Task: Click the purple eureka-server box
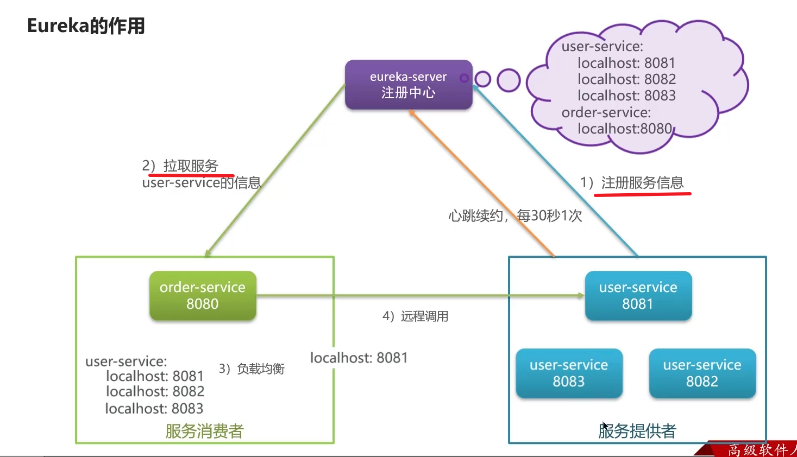coord(409,85)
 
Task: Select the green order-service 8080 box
coord(203,295)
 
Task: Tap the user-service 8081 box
coord(638,295)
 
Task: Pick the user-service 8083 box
coord(569,373)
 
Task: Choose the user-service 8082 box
coord(702,373)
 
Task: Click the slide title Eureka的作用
coord(86,26)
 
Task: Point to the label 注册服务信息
coord(642,183)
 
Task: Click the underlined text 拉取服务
coord(190,166)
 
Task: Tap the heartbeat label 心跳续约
coord(476,216)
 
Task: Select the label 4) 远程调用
coord(416,316)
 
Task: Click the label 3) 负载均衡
coord(252,369)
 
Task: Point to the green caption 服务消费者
coord(204,431)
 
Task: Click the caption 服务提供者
coord(637,431)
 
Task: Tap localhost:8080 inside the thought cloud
coord(625,129)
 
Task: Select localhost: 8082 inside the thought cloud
coord(626,79)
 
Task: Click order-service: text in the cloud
coord(606,112)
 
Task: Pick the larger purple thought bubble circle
coord(509,80)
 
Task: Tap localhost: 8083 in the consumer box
coord(154,408)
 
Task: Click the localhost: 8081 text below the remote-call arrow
coord(359,358)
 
